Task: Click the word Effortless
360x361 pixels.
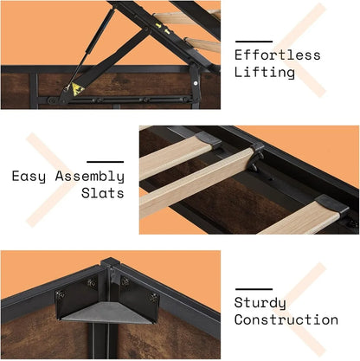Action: point(277,55)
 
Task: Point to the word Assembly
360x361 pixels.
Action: point(89,177)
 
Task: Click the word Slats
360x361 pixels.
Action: point(102,194)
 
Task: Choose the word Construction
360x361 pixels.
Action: point(286,320)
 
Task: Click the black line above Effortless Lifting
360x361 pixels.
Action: point(254,40)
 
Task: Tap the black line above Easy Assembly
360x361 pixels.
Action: point(105,161)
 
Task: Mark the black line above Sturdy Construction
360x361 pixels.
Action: point(254,288)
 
